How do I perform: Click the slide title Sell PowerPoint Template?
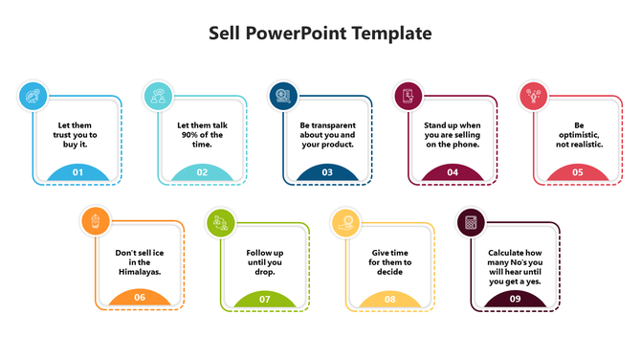click(320, 34)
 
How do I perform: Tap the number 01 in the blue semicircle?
click(77, 172)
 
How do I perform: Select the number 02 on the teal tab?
click(202, 172)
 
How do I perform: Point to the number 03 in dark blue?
click(327, 172)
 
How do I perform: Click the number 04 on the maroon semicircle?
click(453, 172)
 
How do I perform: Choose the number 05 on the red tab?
click(578, 172)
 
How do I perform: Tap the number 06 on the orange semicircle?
click(140, 298)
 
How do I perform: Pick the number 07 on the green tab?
click(265, 299)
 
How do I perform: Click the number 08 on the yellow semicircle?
click(390, 299)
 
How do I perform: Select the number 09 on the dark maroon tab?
click(515, 299)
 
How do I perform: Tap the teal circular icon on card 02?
click(157, 96)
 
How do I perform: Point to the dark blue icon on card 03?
click(282, 96)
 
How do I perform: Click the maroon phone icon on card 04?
click(408, 96)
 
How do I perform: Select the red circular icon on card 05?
click(532, 96)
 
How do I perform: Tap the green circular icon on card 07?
click(220, 222)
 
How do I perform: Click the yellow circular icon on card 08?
click(344, 222)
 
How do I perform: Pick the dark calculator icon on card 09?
click(470, 222)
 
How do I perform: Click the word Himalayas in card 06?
click(140, 271)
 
